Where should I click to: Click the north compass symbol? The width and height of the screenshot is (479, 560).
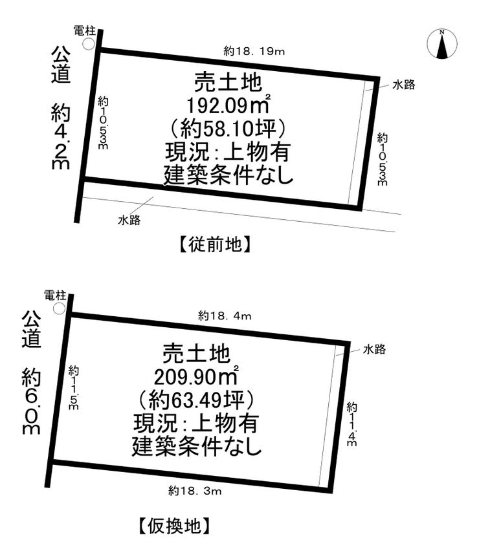point(442,43)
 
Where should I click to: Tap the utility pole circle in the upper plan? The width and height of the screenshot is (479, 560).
point(88,44)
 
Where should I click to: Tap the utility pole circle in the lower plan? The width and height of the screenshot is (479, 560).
point(60,308)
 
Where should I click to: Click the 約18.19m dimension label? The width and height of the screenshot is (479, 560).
point(254,52)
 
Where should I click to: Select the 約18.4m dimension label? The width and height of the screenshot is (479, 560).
point(225,316)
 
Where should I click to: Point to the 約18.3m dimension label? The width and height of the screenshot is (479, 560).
point(195,491)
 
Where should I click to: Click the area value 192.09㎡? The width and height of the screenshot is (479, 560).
point(228,105)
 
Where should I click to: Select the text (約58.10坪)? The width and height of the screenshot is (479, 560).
point(228,129)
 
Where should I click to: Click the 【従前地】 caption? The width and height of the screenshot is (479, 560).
point(214,245)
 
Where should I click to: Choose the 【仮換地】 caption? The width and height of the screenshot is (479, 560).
point(174,526)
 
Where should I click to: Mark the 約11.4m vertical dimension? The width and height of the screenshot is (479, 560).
point(351,424)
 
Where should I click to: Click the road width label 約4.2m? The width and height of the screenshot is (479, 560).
point(60,137)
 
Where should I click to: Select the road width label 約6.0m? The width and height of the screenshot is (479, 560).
point(32,402)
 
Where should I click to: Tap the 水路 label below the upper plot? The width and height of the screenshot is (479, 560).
point(129,220)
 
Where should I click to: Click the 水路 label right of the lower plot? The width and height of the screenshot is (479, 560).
point(375,349)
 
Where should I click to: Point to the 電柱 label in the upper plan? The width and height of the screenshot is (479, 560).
point(85,30)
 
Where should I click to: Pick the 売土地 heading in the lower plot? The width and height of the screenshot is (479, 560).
point(196,353)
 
